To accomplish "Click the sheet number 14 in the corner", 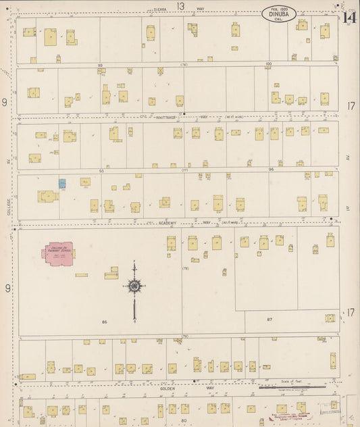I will [349, 18].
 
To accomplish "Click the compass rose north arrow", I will [134, 287].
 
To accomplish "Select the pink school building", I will [58, 254].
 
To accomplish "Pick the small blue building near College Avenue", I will [62, 183].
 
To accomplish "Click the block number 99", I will [100, 64].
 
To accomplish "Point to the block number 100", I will [268, 64].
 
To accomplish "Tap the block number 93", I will [101, 171].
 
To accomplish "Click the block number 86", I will [105, 322].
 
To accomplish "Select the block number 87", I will [269, 319].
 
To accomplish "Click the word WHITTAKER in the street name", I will [165, 117].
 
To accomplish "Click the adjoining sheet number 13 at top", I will [181, 6].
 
